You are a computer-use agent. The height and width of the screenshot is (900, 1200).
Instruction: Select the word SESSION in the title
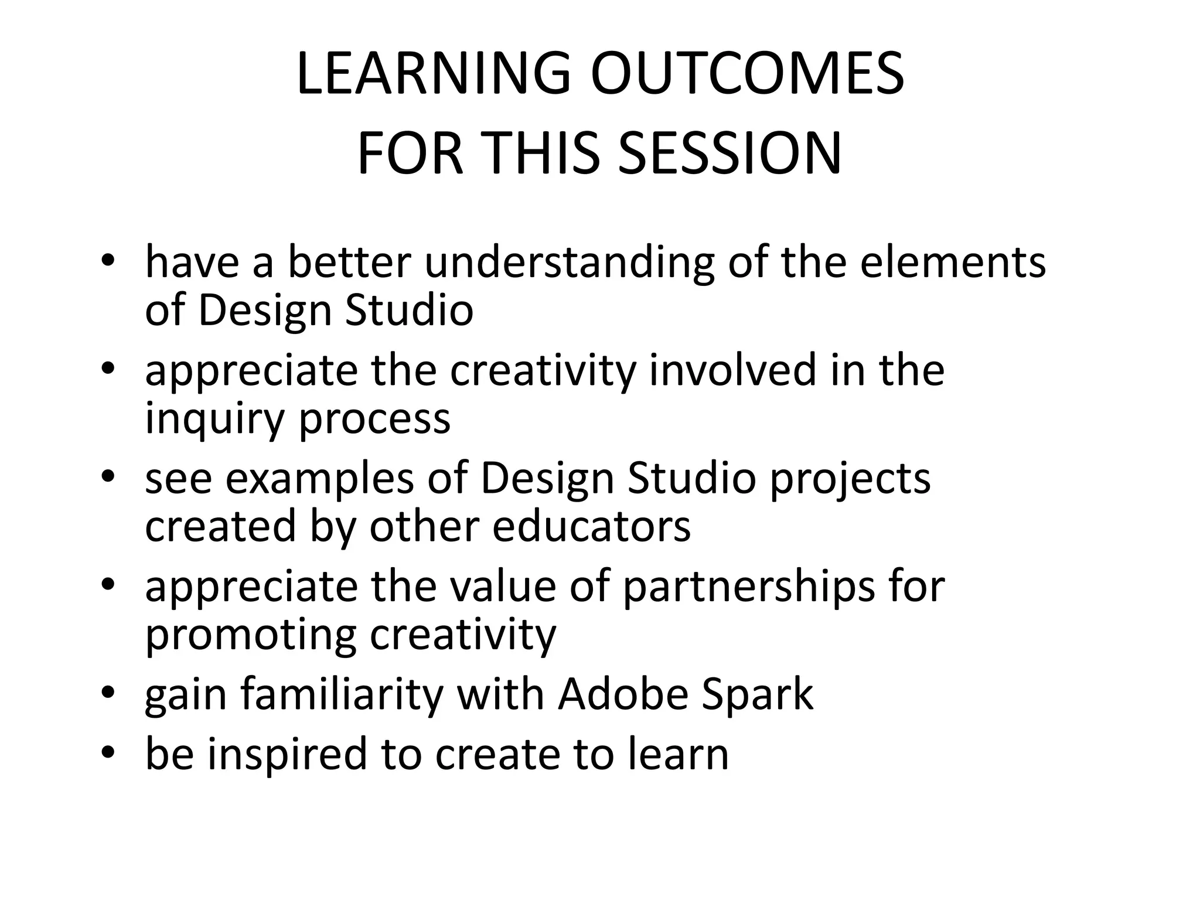[729, 154]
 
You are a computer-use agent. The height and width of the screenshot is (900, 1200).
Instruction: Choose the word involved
[732, 370]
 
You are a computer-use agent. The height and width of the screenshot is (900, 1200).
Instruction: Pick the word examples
[319, 478]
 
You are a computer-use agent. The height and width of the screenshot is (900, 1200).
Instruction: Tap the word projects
[850, 479]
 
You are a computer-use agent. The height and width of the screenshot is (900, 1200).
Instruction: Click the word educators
[591, 526]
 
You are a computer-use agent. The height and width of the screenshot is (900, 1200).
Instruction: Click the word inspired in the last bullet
[287, 755]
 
